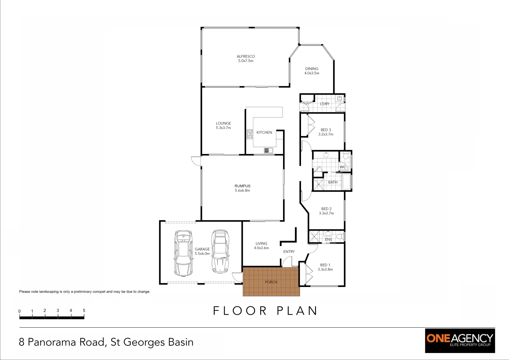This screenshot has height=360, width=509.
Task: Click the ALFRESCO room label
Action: pyautogui.click(x=246, y=56)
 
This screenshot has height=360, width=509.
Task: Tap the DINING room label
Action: pyautogui.click(x=312, y=69)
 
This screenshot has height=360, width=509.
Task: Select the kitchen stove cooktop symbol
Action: pyautogui.click(x=249, y=134)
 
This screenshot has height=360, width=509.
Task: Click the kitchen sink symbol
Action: pyautogui.click(x=268, y=151)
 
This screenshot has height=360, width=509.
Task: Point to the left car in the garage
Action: pyautogui.click(x=183, y=253)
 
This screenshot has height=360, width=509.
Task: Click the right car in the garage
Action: pyautogui.click(x=220, y=251)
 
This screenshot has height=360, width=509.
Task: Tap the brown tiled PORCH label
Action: pyautogui.click(x=271, y=282)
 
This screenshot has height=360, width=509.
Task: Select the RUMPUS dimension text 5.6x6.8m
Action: pyautogui.click(x=242, y=191)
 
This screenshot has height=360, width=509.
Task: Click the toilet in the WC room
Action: pyautogui.click(x=346, y=156)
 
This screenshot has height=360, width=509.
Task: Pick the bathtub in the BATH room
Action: pyautogui.click(x=347, y=182)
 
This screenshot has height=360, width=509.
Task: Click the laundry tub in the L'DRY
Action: pyautogui.click(x=339, y=98)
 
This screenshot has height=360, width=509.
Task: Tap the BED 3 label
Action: pyautogui.click(x=326, y=130)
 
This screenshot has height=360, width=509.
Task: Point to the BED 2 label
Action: pyautogui.click(x=326, y=209)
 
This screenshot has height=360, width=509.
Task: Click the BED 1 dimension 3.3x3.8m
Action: pyautogui.click(x=325, y=270)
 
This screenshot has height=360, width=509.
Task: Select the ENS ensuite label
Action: pyautogui.click(x=328, y=239)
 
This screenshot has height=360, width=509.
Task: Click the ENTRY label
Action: pyautogui.click(x=289, y=252)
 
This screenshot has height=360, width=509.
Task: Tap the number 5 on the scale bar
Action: pyautogui.click(x=84, y=310)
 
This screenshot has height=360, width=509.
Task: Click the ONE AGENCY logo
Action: pyautogui.click(x=460, y=340)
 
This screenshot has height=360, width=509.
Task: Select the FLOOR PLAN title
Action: pyautogui.click(x=265, y=311)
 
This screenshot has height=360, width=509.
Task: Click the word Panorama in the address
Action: pyautogui.click(x=66, y=342)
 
